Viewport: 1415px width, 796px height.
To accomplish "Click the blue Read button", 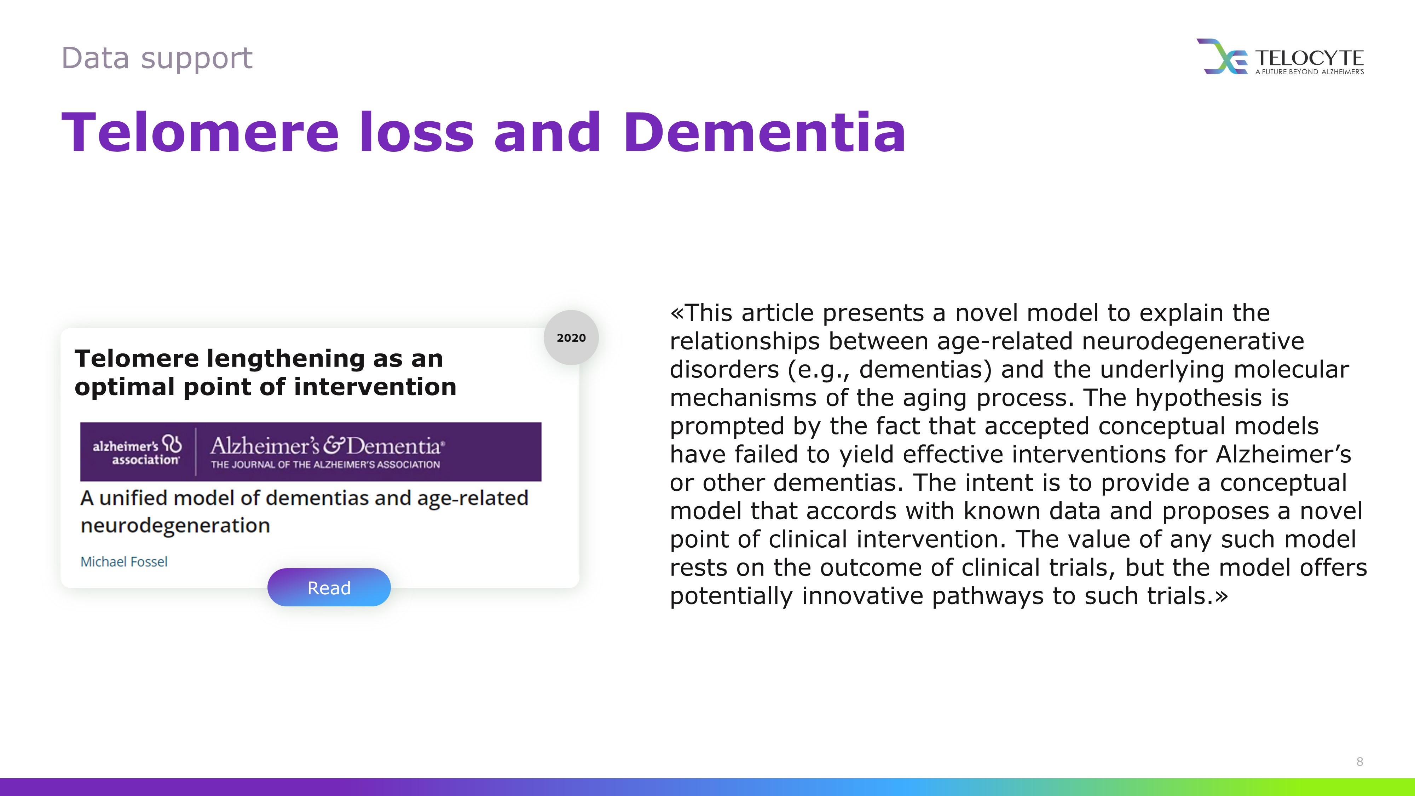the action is (329, 587).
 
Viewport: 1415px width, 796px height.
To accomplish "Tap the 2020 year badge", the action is (571, 337).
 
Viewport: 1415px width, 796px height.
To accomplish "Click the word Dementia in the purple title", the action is (764, 132).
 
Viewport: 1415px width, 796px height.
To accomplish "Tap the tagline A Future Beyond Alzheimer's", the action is (1310, 71).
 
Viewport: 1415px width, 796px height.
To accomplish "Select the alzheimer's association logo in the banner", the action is (137, 451).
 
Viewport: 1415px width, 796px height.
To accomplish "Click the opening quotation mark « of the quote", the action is (677, 313).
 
